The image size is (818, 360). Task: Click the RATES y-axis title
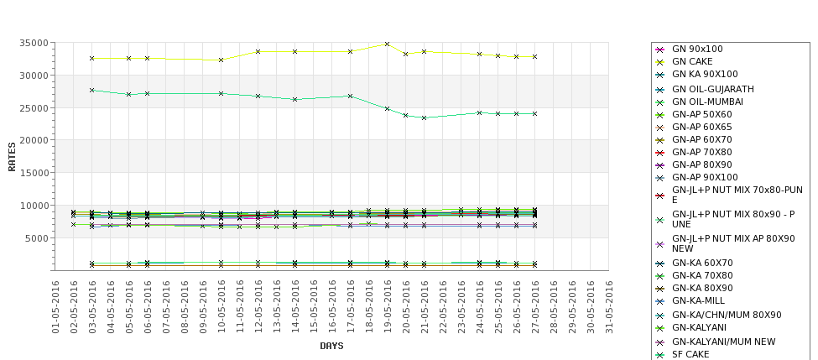(x=12, y=157)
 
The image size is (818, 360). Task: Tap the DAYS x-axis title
(x=331, y=346)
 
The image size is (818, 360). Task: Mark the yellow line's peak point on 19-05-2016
(x=387, y=44)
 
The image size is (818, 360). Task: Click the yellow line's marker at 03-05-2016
(x=91, y=59)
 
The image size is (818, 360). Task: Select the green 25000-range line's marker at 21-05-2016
(x=425, y=118)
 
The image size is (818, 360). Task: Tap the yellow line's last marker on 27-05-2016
(x=534, y=57)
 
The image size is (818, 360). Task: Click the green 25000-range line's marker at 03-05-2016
(x=91, y=91)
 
